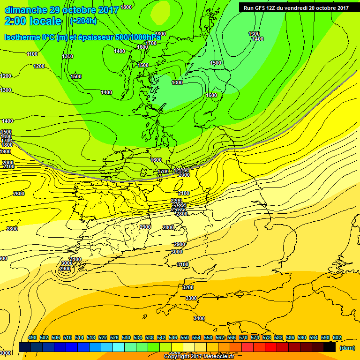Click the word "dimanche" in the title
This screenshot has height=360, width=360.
[24, 10]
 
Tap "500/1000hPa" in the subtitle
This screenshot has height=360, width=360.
[138, 37]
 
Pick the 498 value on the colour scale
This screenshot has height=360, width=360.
[32, 337]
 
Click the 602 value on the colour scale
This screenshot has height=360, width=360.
[337, 337]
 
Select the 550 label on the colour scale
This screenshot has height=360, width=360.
[185, 337]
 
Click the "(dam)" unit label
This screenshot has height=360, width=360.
[347, 348]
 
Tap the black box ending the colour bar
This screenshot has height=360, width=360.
[329, 347]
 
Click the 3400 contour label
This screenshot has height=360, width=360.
[199, 318]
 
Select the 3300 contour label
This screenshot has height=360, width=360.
[191, 298]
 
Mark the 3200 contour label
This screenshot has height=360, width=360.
[188, 287]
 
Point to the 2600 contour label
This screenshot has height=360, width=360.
[19, 194]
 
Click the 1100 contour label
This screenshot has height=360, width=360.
[32, 54]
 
